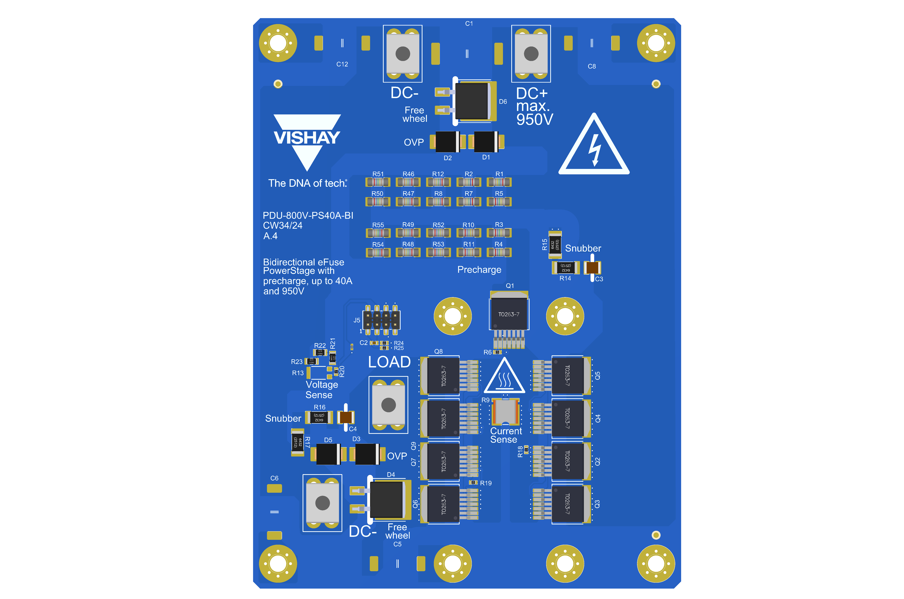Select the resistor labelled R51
tap(378, 182)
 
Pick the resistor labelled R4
tap(499, 252)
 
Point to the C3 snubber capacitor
tap(592, 267)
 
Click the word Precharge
tap(479, 270)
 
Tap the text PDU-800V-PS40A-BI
tap(308, 215)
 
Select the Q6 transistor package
tap(443, 504)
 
